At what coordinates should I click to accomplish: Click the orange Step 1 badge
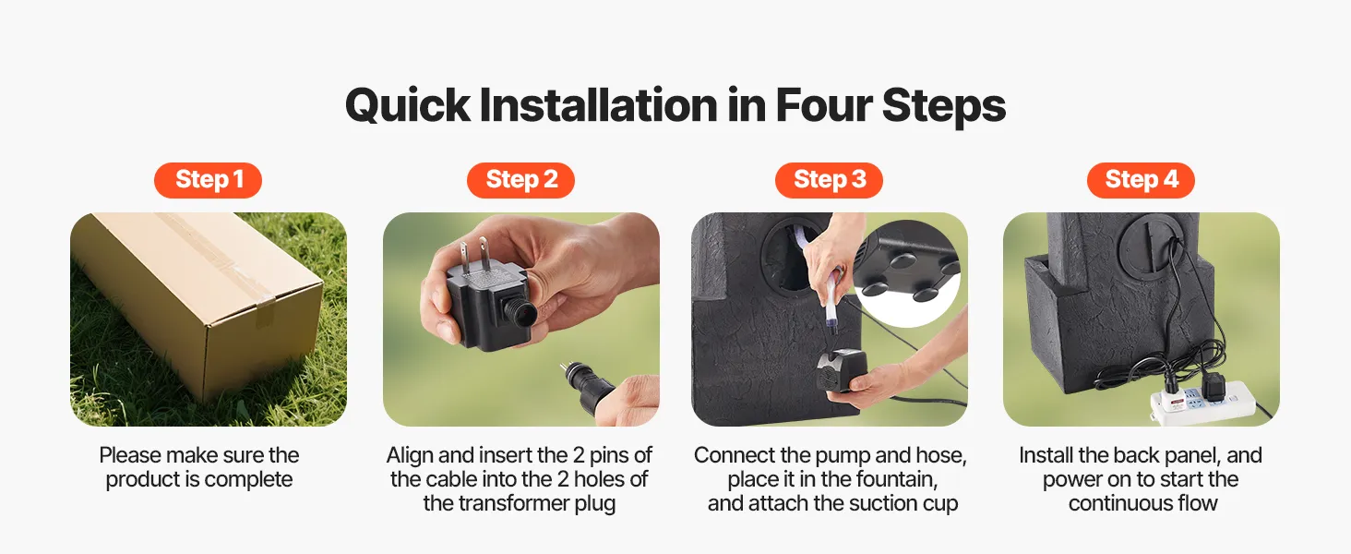tap(208, 180)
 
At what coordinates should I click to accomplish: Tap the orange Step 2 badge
tap(520, 180)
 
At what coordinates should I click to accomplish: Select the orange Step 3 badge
tap(829, 180)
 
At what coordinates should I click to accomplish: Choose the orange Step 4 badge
tap(1142, 180)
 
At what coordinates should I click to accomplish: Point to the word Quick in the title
tap(407, 105)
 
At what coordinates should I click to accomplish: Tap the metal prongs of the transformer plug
tap(473, 255)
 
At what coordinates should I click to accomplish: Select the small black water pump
tap(842, 369)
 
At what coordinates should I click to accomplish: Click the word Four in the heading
tap(822, 105)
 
